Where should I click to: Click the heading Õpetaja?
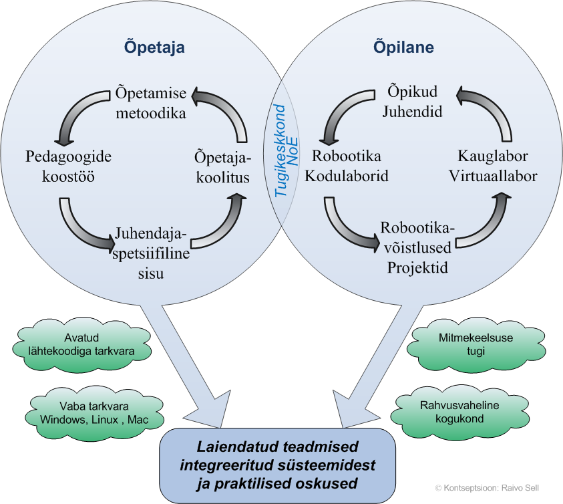click(154, 48)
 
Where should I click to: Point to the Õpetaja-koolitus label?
click(222, 168)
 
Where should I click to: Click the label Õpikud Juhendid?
click(412, 102)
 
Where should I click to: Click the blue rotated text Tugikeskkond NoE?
click(285, 150)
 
